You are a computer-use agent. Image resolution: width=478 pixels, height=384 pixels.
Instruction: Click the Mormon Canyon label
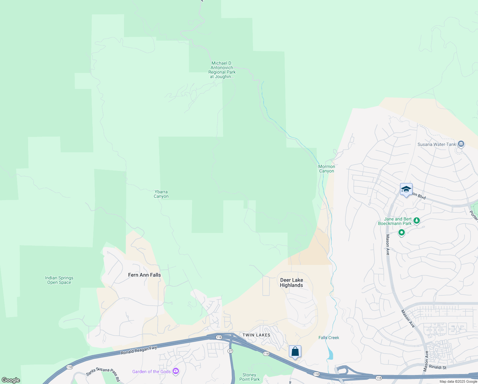(x=327, y=169)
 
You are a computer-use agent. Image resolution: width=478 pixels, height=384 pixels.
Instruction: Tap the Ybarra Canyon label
(x=161, y=194)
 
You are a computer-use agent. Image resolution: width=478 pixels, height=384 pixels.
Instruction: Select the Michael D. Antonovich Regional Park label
(x=222, y=70)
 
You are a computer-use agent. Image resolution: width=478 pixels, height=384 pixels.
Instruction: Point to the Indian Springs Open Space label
(x=59, y=280)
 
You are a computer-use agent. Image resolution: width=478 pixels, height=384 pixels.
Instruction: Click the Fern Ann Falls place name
(x=144, y=275)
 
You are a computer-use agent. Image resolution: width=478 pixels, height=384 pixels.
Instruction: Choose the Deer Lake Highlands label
(x=291, y=283)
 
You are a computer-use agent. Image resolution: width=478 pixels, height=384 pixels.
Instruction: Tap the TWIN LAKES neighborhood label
(x=256, y=335)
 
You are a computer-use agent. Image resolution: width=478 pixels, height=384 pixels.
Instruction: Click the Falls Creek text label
(x=329, y=338)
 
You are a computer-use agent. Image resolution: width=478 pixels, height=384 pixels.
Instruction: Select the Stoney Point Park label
(x=249, y=377)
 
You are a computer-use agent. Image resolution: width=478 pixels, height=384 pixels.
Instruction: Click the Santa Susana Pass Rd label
(x=103, y=374)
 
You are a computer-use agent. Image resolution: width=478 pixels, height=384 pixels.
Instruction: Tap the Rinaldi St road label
(x=438, y=367)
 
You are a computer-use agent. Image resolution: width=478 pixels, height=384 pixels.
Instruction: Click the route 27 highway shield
(x=230, y=351)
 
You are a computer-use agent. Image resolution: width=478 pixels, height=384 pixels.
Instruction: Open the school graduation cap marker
(x=406, y=189)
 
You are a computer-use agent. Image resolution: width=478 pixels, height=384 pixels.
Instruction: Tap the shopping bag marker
(x=295, y=352)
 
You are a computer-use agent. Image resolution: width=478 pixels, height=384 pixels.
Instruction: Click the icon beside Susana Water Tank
(x=461, y=144)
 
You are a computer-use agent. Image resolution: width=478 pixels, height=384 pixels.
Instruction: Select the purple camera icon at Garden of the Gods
(x=175, y=371)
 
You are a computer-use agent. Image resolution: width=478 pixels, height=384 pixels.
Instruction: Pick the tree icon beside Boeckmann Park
(x=416, y=220)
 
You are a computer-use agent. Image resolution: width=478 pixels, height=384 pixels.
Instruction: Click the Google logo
(x=11, y=380)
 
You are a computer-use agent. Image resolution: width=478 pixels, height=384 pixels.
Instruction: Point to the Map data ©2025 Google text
(x=458, y=381)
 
